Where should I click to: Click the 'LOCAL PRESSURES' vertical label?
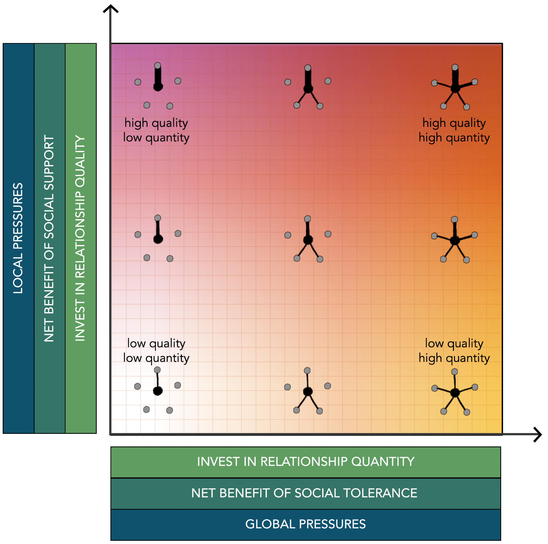click(x=18, y=238)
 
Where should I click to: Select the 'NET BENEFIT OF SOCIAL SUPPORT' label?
click(x=49, y=238)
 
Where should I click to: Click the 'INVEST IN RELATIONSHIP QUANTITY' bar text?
click(x=306, y=462)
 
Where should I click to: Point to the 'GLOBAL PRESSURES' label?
click(x=305, y=524)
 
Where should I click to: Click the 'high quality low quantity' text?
click(x=156, y=130)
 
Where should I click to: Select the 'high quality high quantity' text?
click(x=454, y=130)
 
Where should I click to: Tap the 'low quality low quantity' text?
click(x=156, y=351)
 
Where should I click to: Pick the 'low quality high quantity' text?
click(x=454, y=351)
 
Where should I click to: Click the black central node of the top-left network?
click(x=158, y=87)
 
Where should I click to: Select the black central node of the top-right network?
click(x=455, y=88)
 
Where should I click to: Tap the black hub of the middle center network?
click(x=308, y=240)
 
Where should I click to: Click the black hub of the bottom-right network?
click(x=455, y=392)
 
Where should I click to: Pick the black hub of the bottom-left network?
click(x=158, y=391)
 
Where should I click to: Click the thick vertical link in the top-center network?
click(x=308, y=77)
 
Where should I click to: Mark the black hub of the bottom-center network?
click(x=308, y=392)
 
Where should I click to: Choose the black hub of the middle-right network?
click(x=455, y=241)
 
